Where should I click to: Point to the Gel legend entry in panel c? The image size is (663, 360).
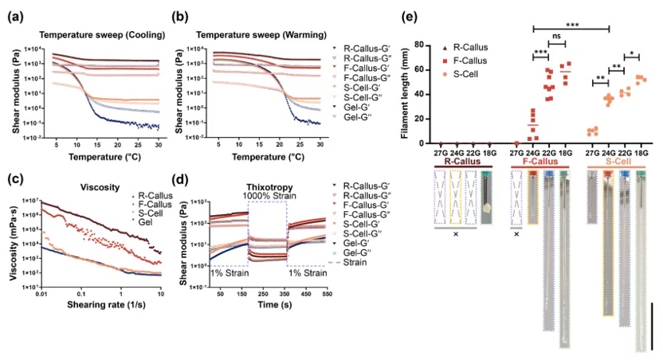click(145, 222)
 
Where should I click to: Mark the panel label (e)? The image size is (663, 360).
click(410, 17)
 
